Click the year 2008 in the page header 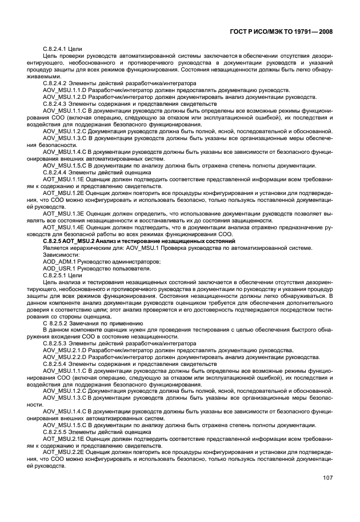323,33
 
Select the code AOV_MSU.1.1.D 65,90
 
